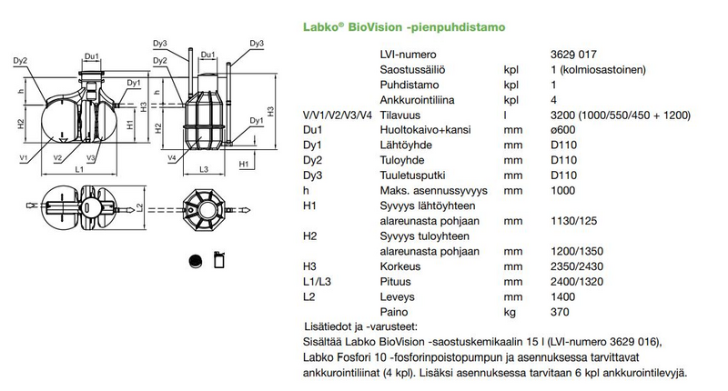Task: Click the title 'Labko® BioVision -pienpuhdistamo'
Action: (x=405, y=27)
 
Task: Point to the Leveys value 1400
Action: (x=563, y=297)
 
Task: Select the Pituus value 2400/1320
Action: (x=577, y=282)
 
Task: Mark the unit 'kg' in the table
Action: (x=510, y=312)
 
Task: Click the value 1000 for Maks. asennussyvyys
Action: (x=563, y=192)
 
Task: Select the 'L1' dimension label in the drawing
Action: (x=79, y=170)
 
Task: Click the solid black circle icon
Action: (x=194, y=260)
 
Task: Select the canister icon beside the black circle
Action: (x=219, y=260)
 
